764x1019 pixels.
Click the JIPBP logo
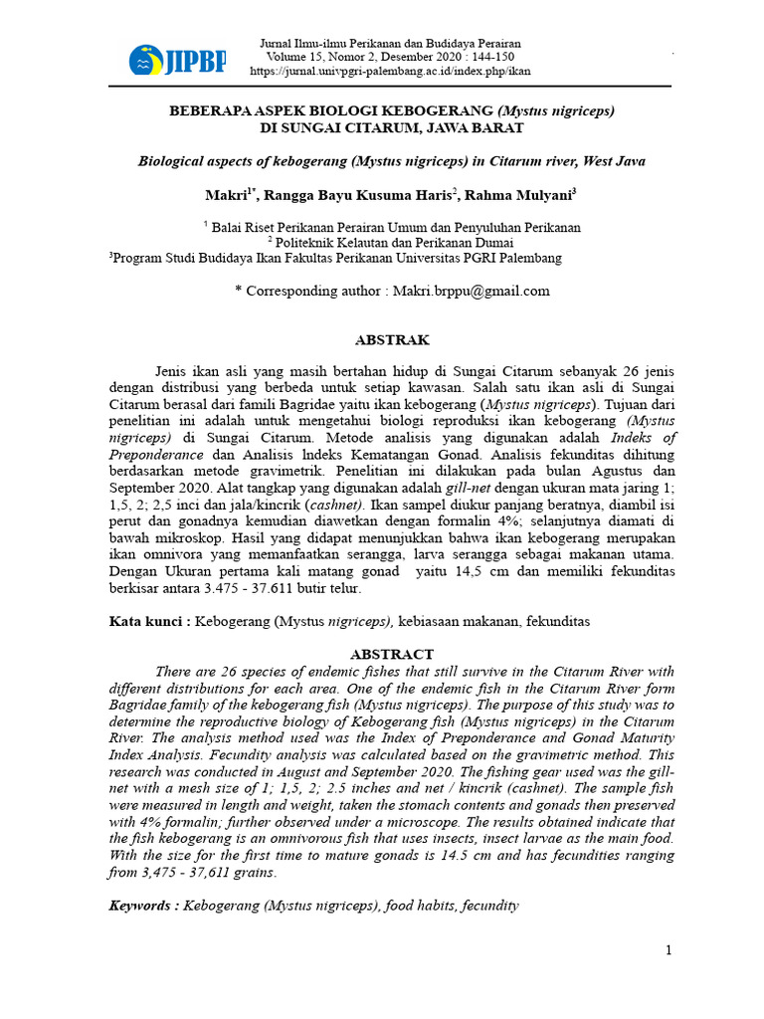point(177,61)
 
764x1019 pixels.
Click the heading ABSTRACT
point(392,654)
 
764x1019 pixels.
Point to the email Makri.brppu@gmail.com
point(471,291)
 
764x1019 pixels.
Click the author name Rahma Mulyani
point(529,195)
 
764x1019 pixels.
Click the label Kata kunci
point(148,621)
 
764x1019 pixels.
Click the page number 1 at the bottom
point(669,950)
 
